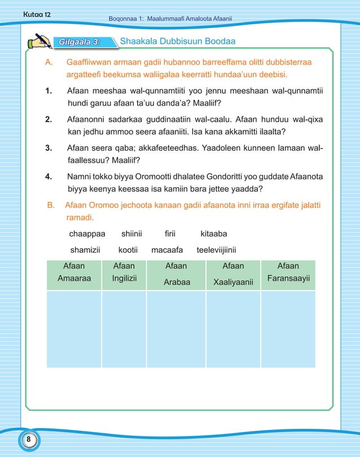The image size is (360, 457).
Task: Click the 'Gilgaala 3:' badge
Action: click(80, 42)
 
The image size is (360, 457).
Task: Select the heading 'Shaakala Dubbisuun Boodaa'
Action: click(178, 42)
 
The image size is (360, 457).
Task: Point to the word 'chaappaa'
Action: click(87, 233)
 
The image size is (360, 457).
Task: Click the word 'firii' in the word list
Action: click(170, 233)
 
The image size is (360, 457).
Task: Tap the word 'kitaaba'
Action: click(214, 233)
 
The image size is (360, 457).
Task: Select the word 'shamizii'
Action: click(85, 249)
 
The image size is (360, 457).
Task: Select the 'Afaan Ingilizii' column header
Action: click(124, 275)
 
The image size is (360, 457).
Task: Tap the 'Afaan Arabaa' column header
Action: click(176, 275)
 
